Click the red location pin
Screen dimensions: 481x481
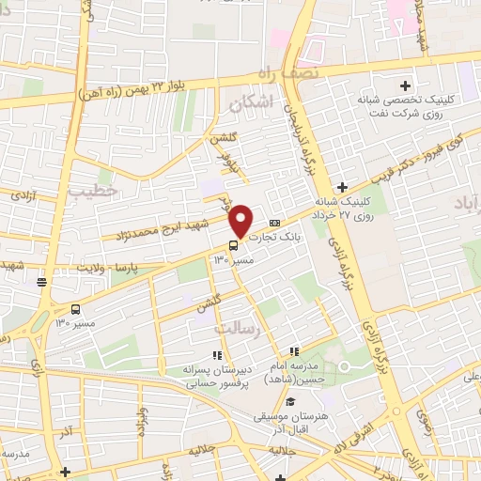click(241, 220)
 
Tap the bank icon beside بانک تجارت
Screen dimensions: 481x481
click(274, 223)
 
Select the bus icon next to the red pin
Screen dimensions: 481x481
click(234, 245)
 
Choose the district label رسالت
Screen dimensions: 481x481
click(236, 328)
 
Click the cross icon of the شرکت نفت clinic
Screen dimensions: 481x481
click(405, 85)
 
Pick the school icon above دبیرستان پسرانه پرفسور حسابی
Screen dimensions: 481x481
click(217, 356)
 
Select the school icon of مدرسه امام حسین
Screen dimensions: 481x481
click(294, 351)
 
